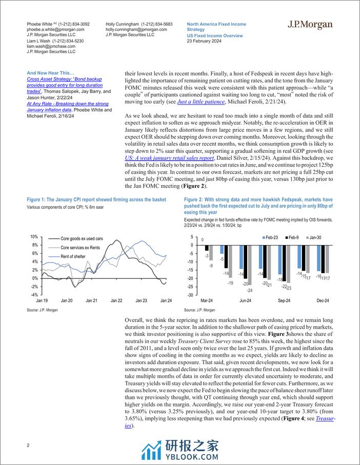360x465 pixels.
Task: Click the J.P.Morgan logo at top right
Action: [x=310, y=25]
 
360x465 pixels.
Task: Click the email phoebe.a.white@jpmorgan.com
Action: [x=51, y=30]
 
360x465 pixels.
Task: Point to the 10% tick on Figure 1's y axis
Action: [x=34, y=237]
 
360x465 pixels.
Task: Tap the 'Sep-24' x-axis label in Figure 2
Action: [x=284, y=300]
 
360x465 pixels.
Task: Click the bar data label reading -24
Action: [x=250, y=290]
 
